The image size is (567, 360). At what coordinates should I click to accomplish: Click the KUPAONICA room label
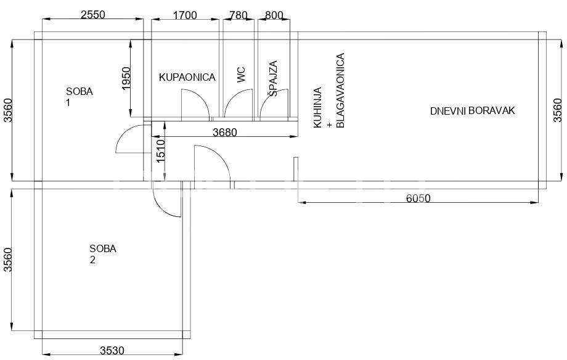click(187, 77)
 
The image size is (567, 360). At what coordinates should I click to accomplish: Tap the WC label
click(241, 75)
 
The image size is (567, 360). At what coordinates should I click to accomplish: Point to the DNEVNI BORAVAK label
click(472, 111)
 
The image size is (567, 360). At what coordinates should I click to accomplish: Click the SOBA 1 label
click(79, 97)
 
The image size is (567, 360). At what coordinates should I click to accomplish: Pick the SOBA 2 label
click(103, 254)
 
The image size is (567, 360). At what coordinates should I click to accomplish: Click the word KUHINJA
click(317, 107)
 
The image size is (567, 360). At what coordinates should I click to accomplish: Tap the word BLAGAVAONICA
click(340, 91)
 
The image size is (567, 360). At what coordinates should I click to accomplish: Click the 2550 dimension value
click(93, 14)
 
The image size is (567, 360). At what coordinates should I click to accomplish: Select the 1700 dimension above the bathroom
click(185, 15)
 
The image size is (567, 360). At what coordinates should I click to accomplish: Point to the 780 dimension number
click(239, 15)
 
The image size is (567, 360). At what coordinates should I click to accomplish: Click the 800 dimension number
click(274, 15)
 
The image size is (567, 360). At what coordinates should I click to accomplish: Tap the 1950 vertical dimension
click(126, 78)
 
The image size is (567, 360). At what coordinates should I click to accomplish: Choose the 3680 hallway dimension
click(224, 133)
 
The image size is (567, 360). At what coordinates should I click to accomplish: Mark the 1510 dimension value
click(161, 150)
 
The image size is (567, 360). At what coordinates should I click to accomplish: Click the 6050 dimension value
click(418, 198)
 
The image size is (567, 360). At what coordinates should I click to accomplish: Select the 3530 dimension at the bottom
click(112, 351)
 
